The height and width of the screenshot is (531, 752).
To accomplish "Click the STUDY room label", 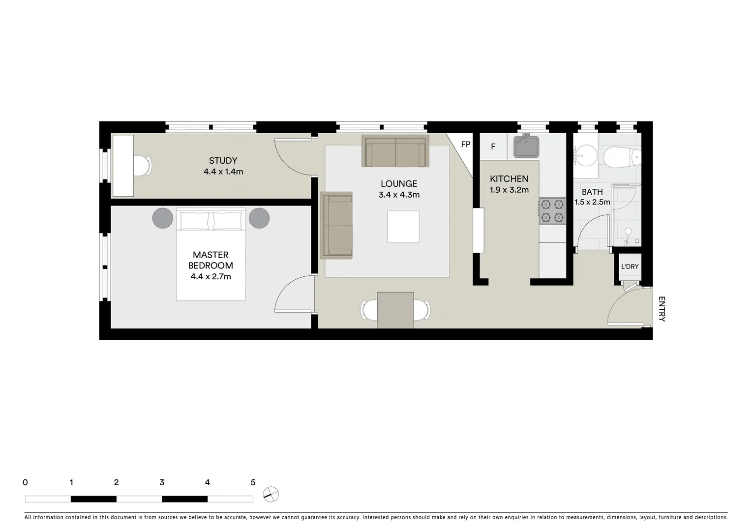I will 223,161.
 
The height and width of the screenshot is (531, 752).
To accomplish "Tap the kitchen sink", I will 526,147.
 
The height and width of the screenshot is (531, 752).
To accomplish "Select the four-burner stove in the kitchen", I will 552,211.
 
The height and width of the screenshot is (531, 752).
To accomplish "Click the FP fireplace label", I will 465,145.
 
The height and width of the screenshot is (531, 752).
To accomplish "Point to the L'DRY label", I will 630,267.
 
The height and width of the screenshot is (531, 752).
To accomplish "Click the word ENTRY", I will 662,309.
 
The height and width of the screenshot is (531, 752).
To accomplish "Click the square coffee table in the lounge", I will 403,227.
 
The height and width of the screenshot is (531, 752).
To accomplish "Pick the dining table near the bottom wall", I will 395,310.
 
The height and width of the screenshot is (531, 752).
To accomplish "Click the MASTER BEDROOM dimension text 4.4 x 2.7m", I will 211,277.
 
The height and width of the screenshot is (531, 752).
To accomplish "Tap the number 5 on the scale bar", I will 253,483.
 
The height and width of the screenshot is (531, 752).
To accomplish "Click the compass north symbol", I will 271,494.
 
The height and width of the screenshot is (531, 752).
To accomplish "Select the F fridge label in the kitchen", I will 493,147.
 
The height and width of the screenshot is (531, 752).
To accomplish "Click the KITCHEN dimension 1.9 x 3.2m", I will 509,190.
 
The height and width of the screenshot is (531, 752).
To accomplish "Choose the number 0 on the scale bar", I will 25,483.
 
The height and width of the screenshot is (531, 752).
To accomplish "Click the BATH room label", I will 592,192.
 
